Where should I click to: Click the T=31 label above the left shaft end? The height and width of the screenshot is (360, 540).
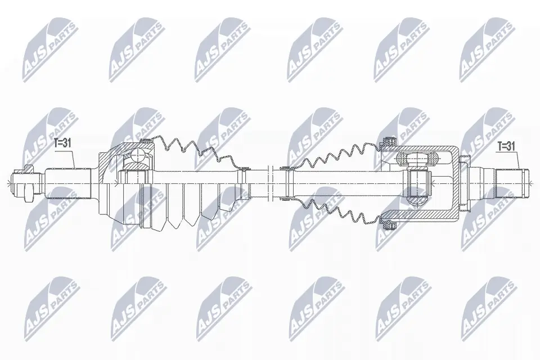point(62,143)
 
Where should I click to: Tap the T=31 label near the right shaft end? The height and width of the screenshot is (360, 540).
point(505,146)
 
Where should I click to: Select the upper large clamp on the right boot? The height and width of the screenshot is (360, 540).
point(386,140)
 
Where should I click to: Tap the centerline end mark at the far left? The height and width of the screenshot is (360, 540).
point(8,181)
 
